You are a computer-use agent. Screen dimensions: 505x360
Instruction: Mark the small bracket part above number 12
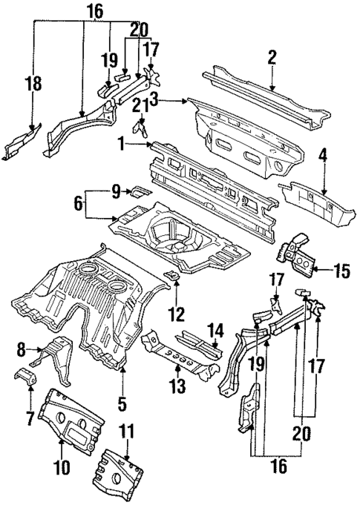click(x=171, y=277)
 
